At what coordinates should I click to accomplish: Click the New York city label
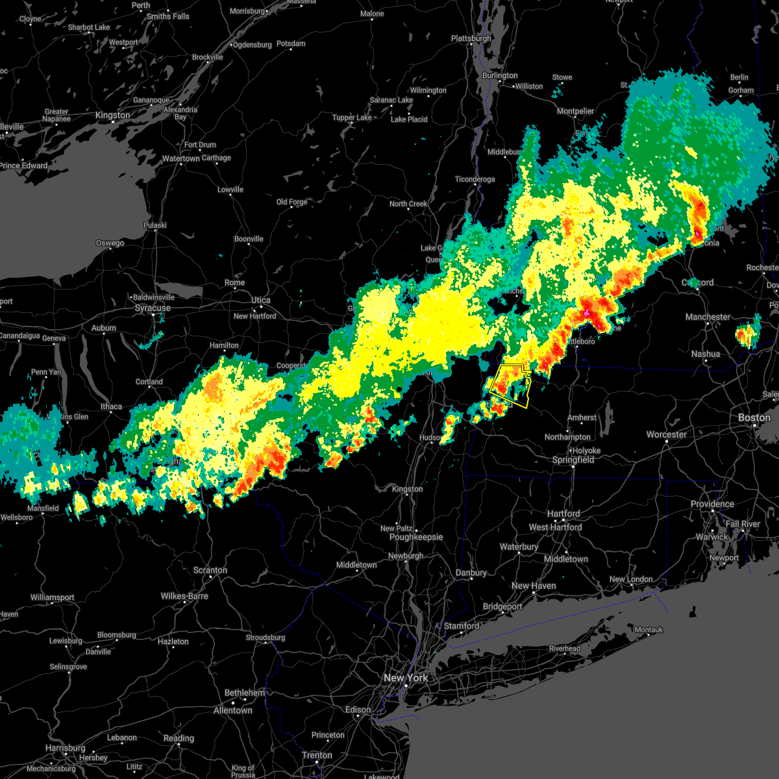pyautogui.click(x=406, y=678)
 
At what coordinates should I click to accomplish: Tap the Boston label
pyautogui.click(x=754, y=417)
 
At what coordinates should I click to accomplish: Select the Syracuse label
pyautogui.click(x=153, y=308)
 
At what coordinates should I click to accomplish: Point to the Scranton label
pyautogui.click(x=210, y=571)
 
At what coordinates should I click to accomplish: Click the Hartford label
pyautogui.click(x=563, y=513)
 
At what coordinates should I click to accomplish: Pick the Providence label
pyautogui.click(x=712, y=504)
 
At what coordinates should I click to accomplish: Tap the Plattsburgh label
pyautogui.click(x=471, y=39)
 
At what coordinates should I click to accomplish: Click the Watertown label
pyautogui.click(x=181, y=158)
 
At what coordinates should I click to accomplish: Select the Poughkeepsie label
pyautogui.click(x=415, y=537)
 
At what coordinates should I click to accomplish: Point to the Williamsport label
pyautogui.click(x=53, y=597)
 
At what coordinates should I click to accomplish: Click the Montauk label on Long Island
pyautogui.click(x=648, y=630)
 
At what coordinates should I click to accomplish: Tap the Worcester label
pyautogui.click(x=667, y=434)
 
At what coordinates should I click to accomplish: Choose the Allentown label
pyautogui.click(x=232, y=710)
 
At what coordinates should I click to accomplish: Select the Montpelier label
pyautogui.click(x=576, y=112)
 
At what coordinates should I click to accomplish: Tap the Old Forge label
pyautogui.click(x=291, y=202)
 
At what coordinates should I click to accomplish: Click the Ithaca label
pyautogui.click(x=111, y=407)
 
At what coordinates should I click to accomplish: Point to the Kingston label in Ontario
pyautogui.click(x=112, y=116)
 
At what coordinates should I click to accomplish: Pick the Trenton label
pyautogui.click(x=317, y=755)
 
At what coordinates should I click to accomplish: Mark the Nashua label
pyautogui.click(x=706, y=354)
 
